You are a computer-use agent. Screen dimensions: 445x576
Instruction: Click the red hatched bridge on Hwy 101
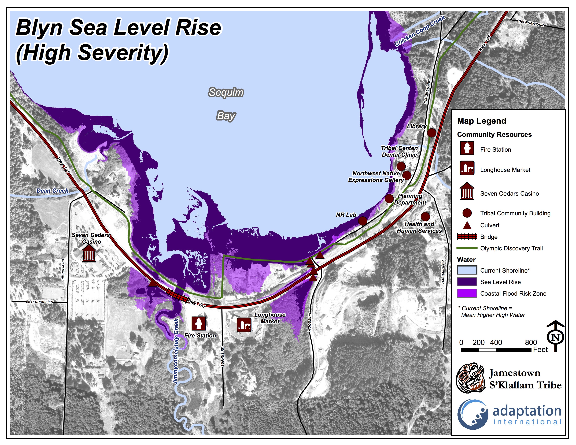click(176, 295)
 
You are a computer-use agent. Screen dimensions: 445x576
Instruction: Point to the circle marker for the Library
click(431, 133)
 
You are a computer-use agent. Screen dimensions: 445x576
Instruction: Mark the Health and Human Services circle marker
click(425, 216)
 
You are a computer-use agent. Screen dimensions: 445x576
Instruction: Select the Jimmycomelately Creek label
click(176, 351)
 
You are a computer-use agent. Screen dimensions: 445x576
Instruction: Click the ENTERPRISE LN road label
click(40, 302)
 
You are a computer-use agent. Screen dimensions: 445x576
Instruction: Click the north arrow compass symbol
click(555, 337)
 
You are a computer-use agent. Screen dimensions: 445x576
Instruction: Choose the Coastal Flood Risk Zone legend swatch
click(467, 293)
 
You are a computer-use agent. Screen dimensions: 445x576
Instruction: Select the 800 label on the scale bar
click(531, 342)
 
